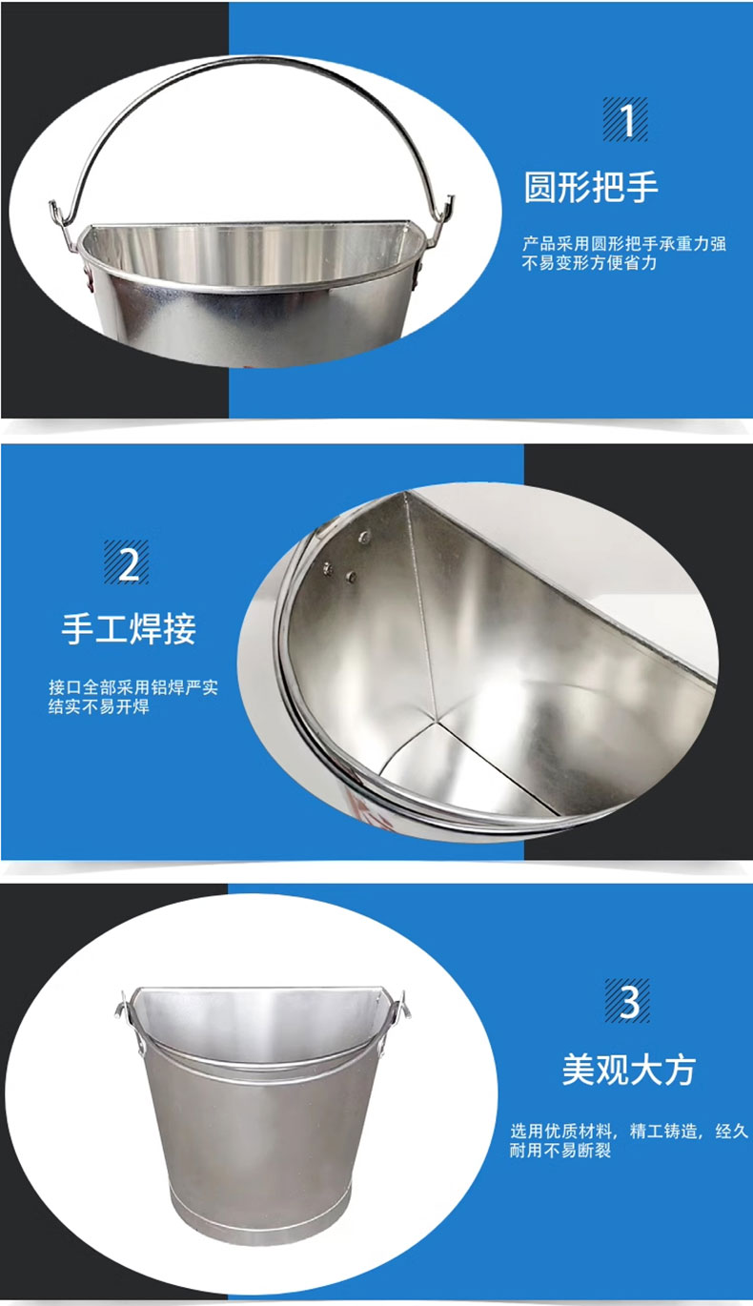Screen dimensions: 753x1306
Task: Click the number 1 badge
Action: [x=624, y=119]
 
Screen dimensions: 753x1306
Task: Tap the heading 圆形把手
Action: [x=591, y=187]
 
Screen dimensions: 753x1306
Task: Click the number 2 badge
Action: [x=127, y=562]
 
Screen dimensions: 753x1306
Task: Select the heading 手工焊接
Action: [x=129, y=628]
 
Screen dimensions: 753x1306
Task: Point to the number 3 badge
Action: [x=628, y=1001]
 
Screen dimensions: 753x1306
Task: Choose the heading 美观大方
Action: [x=629, y=1070]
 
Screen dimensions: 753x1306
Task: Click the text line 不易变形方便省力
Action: [x=589, y=263]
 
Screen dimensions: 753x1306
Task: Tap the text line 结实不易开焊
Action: [x=98, y=706]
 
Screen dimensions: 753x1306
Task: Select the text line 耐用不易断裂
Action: [x=560, y=1151]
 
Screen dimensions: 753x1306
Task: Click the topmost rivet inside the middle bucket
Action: [x=365, y=537]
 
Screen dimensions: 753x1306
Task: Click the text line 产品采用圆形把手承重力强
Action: [x=624, y=244]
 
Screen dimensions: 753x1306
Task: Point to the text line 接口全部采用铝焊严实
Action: [x=132, y=687]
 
